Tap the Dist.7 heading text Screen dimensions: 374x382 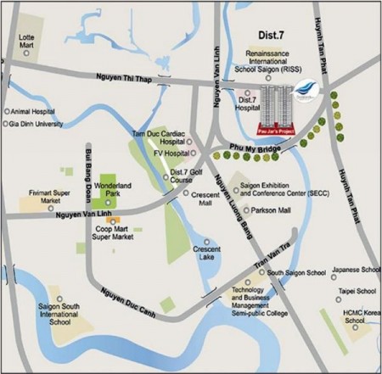(x=272, y=36)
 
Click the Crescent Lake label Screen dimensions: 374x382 (x=206, y=254)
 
